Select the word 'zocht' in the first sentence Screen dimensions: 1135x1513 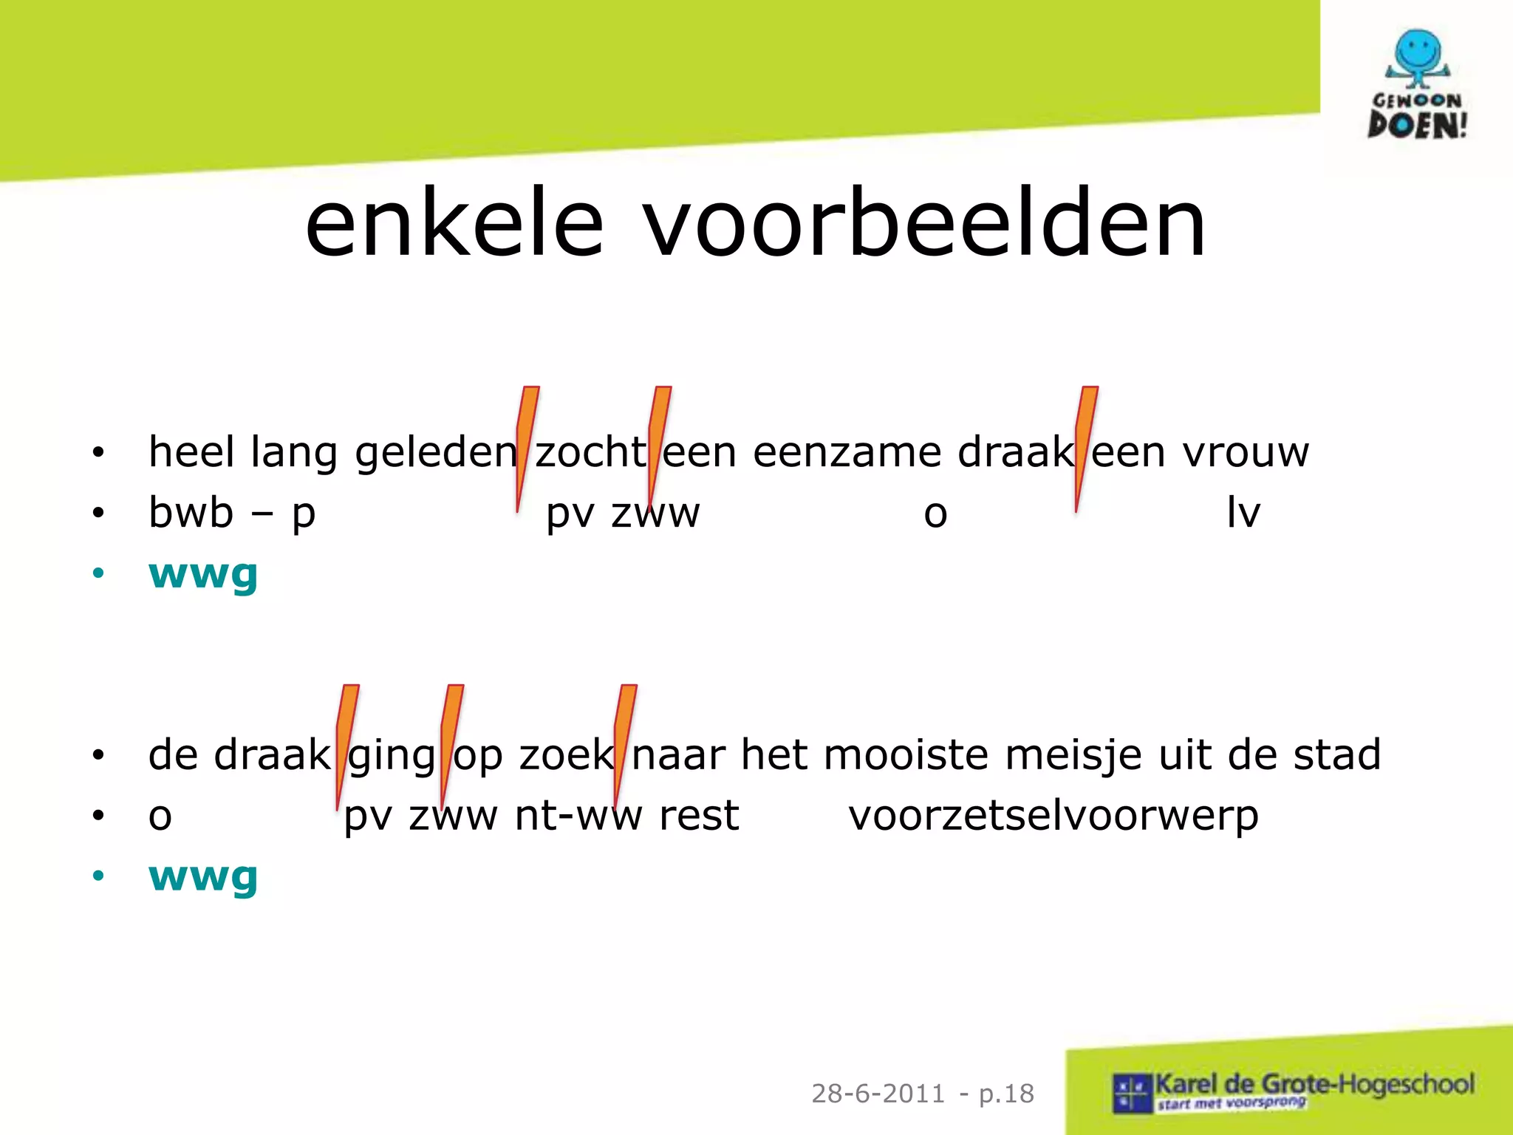tap(590, 451)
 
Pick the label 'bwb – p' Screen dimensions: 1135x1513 tap(232, 513)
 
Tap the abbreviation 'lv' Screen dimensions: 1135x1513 tap(1243, 513)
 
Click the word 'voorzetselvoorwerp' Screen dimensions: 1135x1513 tap(1053, 816)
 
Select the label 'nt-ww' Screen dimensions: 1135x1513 tap(578, 816)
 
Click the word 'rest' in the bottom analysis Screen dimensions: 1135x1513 tap(698, 816)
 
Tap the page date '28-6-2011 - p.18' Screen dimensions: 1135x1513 tap(922, 1094)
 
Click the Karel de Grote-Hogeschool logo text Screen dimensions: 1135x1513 tap(1314, 1085)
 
